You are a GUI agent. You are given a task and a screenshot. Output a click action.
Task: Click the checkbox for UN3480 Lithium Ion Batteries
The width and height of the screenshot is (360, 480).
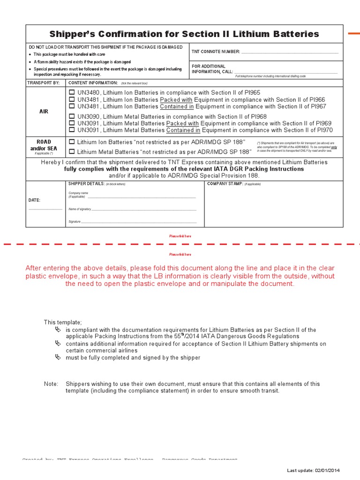pos(72,93)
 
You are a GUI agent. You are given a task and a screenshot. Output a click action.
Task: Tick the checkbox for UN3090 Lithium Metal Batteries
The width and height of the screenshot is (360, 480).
pos(72,116)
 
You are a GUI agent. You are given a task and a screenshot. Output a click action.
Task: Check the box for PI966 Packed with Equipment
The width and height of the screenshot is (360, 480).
pos(72,99)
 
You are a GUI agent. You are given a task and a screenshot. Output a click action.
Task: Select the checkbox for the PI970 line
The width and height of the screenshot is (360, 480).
pos(72,130)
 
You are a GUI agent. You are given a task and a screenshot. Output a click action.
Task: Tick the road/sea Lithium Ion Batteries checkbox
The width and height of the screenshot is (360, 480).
pos(72,142)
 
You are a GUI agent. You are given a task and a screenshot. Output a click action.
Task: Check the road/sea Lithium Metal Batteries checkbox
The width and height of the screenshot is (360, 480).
pos(72,151)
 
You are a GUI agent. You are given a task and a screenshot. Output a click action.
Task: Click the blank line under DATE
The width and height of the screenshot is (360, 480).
pos(45,209)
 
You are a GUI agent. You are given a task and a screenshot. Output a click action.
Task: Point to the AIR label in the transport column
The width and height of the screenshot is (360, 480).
pos(44,112)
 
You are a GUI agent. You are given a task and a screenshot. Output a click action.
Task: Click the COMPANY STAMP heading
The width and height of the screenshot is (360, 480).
pos(225,184)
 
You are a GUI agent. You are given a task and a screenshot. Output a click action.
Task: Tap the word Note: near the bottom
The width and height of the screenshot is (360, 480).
pos(51,384)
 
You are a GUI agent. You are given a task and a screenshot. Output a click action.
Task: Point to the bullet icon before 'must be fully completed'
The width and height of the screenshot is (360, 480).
pos(58,357)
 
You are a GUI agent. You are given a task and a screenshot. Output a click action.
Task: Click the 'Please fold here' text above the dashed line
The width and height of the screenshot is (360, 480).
pos(180,236)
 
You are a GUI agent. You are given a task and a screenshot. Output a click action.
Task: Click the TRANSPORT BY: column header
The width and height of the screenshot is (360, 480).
pos(44,82)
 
